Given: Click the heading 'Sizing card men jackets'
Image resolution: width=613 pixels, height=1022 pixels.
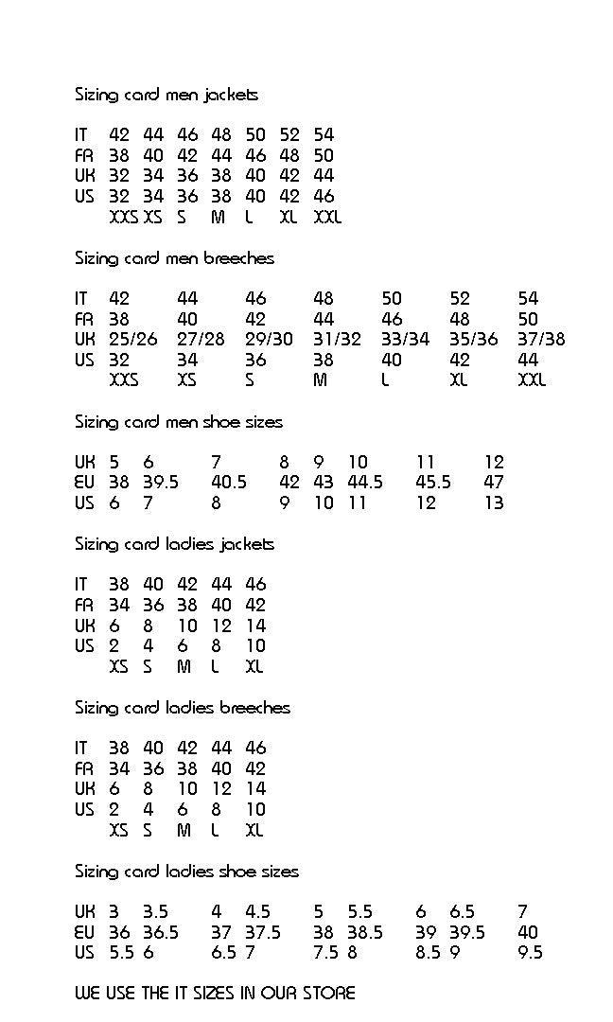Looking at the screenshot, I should [166, 95].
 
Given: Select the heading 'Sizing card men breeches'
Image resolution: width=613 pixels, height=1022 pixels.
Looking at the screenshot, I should [175, 258].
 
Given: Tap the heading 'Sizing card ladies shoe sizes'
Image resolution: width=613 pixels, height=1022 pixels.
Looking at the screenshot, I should [186, 872].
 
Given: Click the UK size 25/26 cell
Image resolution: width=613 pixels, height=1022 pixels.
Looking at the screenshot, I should [133, 340].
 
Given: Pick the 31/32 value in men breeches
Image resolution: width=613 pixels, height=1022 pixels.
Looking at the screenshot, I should [337, 340].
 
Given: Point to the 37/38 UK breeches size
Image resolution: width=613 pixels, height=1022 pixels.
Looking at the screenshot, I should [541, 340].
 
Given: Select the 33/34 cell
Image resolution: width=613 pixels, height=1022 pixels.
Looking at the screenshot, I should [405, 340].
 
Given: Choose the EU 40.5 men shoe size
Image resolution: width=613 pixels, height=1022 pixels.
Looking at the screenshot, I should [229, 483].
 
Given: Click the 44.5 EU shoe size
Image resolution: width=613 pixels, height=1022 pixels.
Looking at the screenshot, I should [365, 483].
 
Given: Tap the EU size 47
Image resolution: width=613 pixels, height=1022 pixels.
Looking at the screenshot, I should [494, 483].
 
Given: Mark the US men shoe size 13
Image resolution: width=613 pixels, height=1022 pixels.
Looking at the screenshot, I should [494, 503].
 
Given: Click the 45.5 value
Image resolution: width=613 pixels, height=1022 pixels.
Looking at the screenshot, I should [433, 483].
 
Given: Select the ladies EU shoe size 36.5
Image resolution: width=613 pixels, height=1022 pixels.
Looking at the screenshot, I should [161, 933].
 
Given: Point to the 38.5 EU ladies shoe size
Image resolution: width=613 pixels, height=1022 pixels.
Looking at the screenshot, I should [365, 933].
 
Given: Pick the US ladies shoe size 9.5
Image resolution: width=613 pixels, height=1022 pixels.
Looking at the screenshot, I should [531, 953].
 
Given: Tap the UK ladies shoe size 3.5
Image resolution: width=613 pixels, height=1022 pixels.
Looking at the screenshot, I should [155, 912].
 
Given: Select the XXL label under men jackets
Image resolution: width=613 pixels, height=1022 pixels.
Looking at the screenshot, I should [327, 218].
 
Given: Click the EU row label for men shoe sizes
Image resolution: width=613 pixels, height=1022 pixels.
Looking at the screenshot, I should [85, 483].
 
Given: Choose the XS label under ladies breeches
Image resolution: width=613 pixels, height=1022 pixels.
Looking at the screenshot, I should [118, 831].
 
